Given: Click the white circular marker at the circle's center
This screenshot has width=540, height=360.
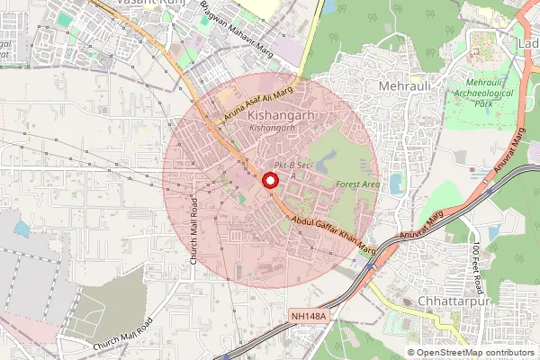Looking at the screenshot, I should (x=268, y=181).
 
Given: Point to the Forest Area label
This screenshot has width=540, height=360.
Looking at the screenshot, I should (x=356, y=184).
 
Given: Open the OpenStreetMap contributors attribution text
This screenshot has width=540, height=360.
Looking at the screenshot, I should (x=472, y=353).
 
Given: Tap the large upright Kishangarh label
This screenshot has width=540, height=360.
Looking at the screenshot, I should (x=279, y=116).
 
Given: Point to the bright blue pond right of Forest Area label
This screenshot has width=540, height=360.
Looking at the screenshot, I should (x=397, y=184).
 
